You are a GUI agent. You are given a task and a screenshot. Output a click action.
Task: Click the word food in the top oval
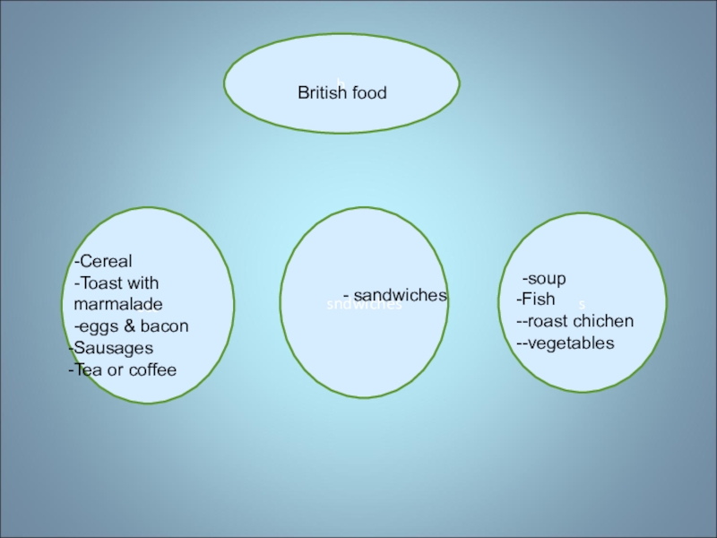(x=369, y=92)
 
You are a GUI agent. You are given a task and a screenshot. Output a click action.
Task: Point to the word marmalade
(x=118, y=305)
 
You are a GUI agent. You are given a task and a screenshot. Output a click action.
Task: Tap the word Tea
(x=88, y=369)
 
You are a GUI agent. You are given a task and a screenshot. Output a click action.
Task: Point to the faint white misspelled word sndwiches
(x=363, y=305)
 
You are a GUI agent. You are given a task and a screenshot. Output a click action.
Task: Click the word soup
(x=547, y=278)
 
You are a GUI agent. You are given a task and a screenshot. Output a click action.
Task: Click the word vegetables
(x=570, y=343)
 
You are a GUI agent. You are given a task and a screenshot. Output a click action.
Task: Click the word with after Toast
(x=143, y=283)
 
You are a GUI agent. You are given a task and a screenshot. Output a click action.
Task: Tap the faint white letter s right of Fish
(x=582, y=305)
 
